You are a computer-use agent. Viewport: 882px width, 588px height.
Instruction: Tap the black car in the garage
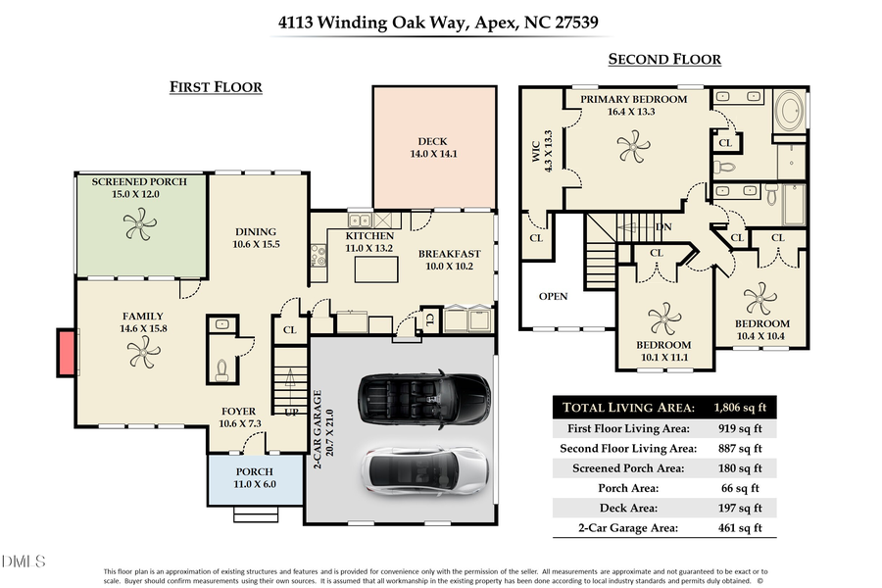pos(424,398)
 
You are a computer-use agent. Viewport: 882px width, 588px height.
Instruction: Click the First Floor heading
pos(216,87)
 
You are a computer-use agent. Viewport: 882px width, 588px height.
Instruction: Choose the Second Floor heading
pos(664,60)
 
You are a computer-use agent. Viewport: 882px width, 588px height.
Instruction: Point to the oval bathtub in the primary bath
pos(791,113)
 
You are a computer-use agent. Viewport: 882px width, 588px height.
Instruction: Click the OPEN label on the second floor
pos(553,297)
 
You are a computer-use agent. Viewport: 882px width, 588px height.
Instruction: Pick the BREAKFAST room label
pos(448,254)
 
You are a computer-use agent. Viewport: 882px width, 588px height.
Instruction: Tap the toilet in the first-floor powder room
pos(222,368)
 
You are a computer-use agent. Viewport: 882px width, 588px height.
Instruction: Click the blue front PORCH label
pos(253,471)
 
